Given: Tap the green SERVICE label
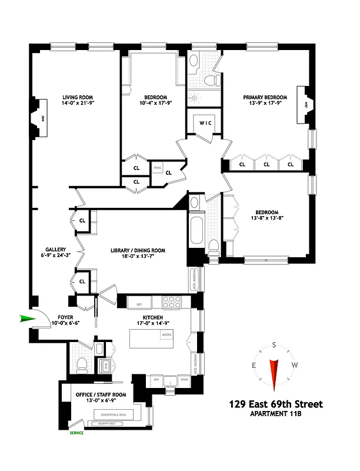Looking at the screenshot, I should [76, 433].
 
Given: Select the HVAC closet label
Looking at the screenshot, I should [157, 168].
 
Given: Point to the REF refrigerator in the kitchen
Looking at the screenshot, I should [139, 304].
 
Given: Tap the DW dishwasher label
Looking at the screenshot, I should [156, 380].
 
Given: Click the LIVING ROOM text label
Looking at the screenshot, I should [79, 98].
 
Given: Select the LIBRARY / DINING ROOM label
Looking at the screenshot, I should [138, 250].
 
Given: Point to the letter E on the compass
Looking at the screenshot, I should [254, 365].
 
